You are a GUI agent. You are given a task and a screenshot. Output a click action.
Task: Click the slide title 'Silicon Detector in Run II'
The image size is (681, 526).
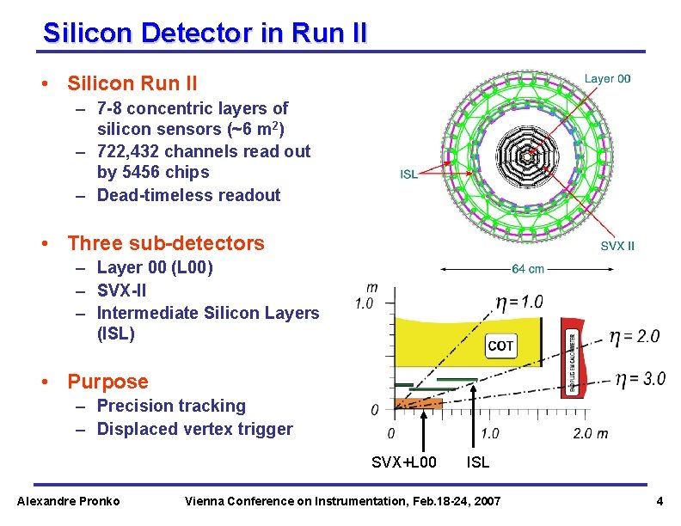click(206, 34)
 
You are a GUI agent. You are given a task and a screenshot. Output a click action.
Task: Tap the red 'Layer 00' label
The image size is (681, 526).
click(607, 78)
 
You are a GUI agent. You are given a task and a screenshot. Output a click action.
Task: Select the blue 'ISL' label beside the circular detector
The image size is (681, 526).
click(408, 174)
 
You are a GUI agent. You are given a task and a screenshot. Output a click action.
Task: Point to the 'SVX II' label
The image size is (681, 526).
click(617, 246)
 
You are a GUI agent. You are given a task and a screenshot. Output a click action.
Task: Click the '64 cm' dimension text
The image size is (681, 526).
click(528, 269)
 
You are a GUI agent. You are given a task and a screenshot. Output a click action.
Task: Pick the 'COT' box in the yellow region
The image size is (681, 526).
click(500, 346)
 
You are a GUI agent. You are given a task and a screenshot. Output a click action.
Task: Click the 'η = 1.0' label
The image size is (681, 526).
click(519, 302)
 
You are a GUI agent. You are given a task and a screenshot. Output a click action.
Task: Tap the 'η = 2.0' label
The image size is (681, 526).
click(635, 336)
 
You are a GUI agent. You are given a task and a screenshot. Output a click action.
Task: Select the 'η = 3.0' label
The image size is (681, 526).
click(640, 379)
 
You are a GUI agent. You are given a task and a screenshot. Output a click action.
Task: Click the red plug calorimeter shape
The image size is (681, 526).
click(571, 358)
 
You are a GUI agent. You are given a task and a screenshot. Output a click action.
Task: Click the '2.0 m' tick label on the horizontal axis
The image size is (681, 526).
click(590, 433)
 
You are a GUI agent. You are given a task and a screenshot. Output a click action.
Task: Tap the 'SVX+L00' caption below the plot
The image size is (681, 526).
click(403, 462)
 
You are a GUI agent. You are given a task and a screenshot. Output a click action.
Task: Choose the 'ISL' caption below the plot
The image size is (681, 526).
click(477, 462)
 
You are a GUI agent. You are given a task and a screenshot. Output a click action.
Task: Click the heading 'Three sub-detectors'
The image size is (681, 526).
click(166, 243)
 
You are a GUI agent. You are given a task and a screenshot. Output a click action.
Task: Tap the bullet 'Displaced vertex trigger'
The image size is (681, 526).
click(194, 429)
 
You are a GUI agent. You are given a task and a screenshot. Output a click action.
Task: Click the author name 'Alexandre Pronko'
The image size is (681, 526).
click(69, 501)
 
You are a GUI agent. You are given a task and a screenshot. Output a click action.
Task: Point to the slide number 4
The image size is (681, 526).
click(659, 501)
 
